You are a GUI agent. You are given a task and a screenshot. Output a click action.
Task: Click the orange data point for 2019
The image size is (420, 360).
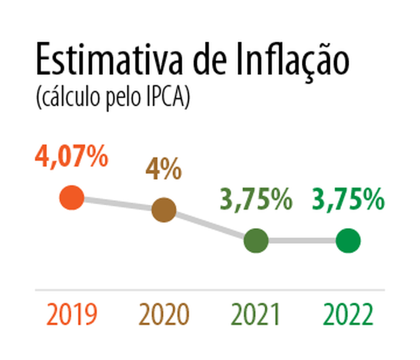[x=72, y=198]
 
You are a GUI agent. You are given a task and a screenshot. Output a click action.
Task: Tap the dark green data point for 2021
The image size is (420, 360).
[x=256, y=241]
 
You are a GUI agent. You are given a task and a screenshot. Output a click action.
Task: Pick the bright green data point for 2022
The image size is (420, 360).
[x=349, y=241]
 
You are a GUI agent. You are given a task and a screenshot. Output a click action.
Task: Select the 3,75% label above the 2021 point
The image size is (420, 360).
[x=256, y=200]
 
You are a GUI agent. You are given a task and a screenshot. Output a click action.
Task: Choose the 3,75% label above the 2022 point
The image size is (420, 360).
[x=349, y=200]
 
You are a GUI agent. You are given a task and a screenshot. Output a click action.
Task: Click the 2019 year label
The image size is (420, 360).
[x=72, y=315]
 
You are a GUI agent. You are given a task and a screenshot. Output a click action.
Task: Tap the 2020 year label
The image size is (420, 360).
[x=164, y=315]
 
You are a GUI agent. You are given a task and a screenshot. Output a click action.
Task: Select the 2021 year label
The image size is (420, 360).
[x=256, y=315]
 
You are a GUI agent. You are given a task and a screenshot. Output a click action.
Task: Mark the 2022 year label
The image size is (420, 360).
[x=349, y=315]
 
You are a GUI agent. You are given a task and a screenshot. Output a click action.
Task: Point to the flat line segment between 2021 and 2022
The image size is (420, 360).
[x=302, y=241]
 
